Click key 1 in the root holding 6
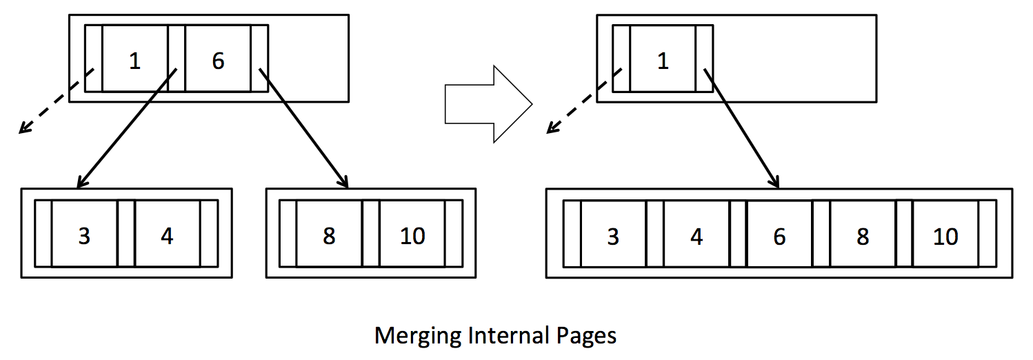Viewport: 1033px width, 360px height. pyautogui.click(x=135, y=61)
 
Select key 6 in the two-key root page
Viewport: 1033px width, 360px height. pyautogui.click(x=218, y=61)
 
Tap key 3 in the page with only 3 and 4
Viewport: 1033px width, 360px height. pyautogui.click(x=84, y=236)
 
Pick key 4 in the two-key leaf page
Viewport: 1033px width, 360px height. pyautogui.click(x=167, y=236)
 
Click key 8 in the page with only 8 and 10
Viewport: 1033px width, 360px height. pyautogui.click(x=329, y=236)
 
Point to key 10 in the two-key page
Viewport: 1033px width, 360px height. pyautogui.click(x=412, y=236)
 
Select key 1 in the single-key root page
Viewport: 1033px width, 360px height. pyautogui.click(x=663, y=61)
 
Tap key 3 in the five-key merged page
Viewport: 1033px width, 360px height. pyautogui.click(x=613, y=237)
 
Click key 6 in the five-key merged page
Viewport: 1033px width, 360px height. pyautogui.click(x=779, y=237)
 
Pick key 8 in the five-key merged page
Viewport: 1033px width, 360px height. pyautogui.click(x=862, y=237)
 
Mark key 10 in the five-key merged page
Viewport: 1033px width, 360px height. pyautogui.click(x=945, y=237)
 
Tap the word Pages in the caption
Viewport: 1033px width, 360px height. pyautogui.click(x=585, y=336)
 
